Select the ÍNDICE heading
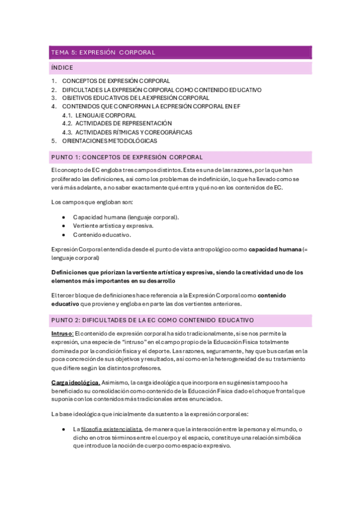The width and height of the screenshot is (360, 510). click(63, 69)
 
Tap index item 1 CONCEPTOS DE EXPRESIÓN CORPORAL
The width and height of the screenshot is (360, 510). click(116, 81)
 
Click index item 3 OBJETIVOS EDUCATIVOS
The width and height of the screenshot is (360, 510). click(136, 97)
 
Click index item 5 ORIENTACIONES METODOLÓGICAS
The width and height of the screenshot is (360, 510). click(109, 141)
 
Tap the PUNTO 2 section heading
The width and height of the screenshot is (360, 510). click(152, 320)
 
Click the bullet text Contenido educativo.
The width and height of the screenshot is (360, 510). click(102, 235)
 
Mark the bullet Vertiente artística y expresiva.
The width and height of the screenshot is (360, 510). click(113, 226)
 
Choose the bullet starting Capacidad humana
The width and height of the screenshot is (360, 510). click(126, 217)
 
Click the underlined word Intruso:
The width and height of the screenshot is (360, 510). click(63, 333)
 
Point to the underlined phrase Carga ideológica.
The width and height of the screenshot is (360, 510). click(76, 382)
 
